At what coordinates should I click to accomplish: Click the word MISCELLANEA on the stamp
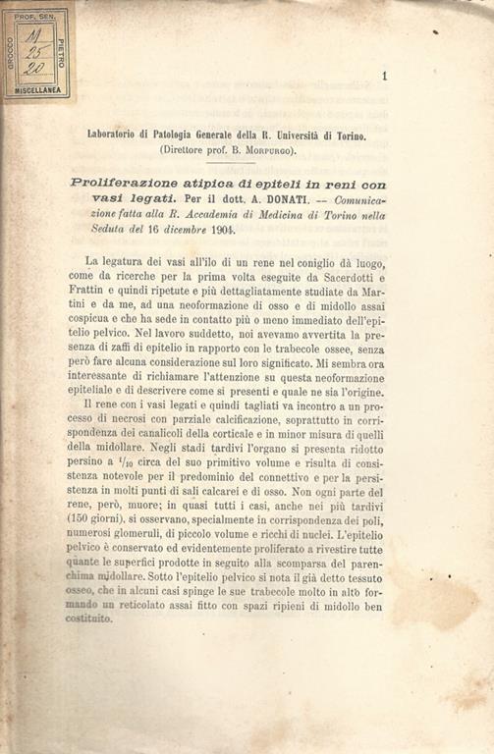click(38, 89)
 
